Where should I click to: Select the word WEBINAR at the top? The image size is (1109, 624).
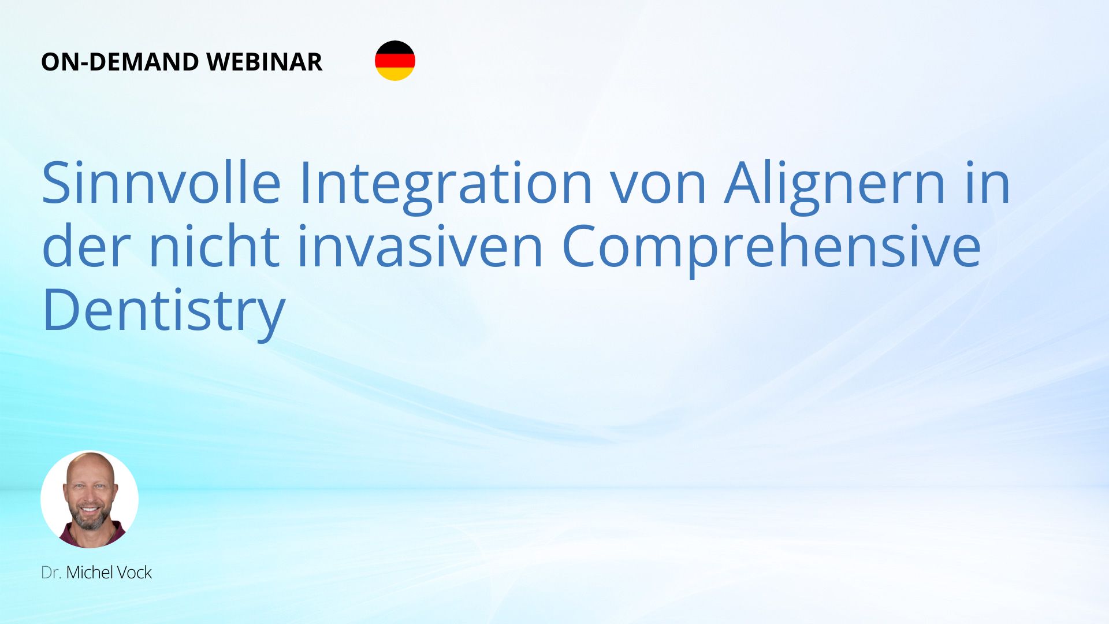(264, 62)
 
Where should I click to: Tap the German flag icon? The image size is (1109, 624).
(395, 61)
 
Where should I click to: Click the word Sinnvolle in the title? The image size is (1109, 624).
(161, 183)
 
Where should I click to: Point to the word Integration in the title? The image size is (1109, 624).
(445, 185)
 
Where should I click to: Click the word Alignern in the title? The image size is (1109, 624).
(835, 185)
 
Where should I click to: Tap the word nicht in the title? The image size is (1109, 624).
(214, 245)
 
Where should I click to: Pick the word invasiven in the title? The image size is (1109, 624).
(420, 246)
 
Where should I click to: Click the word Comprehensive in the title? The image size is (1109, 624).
(771, 248)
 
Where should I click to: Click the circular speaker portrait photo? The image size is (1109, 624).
(90, 499)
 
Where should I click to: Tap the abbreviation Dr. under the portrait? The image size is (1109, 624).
(51, 573)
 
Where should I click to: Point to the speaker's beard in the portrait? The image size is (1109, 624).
(90, 517)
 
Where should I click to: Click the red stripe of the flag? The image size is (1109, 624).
(395, 61)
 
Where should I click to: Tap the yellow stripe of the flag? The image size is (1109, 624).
(395, 74)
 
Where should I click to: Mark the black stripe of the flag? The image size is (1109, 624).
(395, 47)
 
